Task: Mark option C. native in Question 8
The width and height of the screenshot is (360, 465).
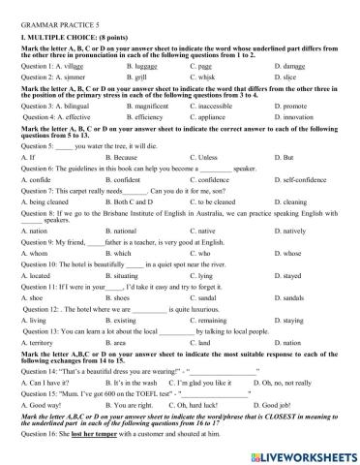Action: click(207, 233)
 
